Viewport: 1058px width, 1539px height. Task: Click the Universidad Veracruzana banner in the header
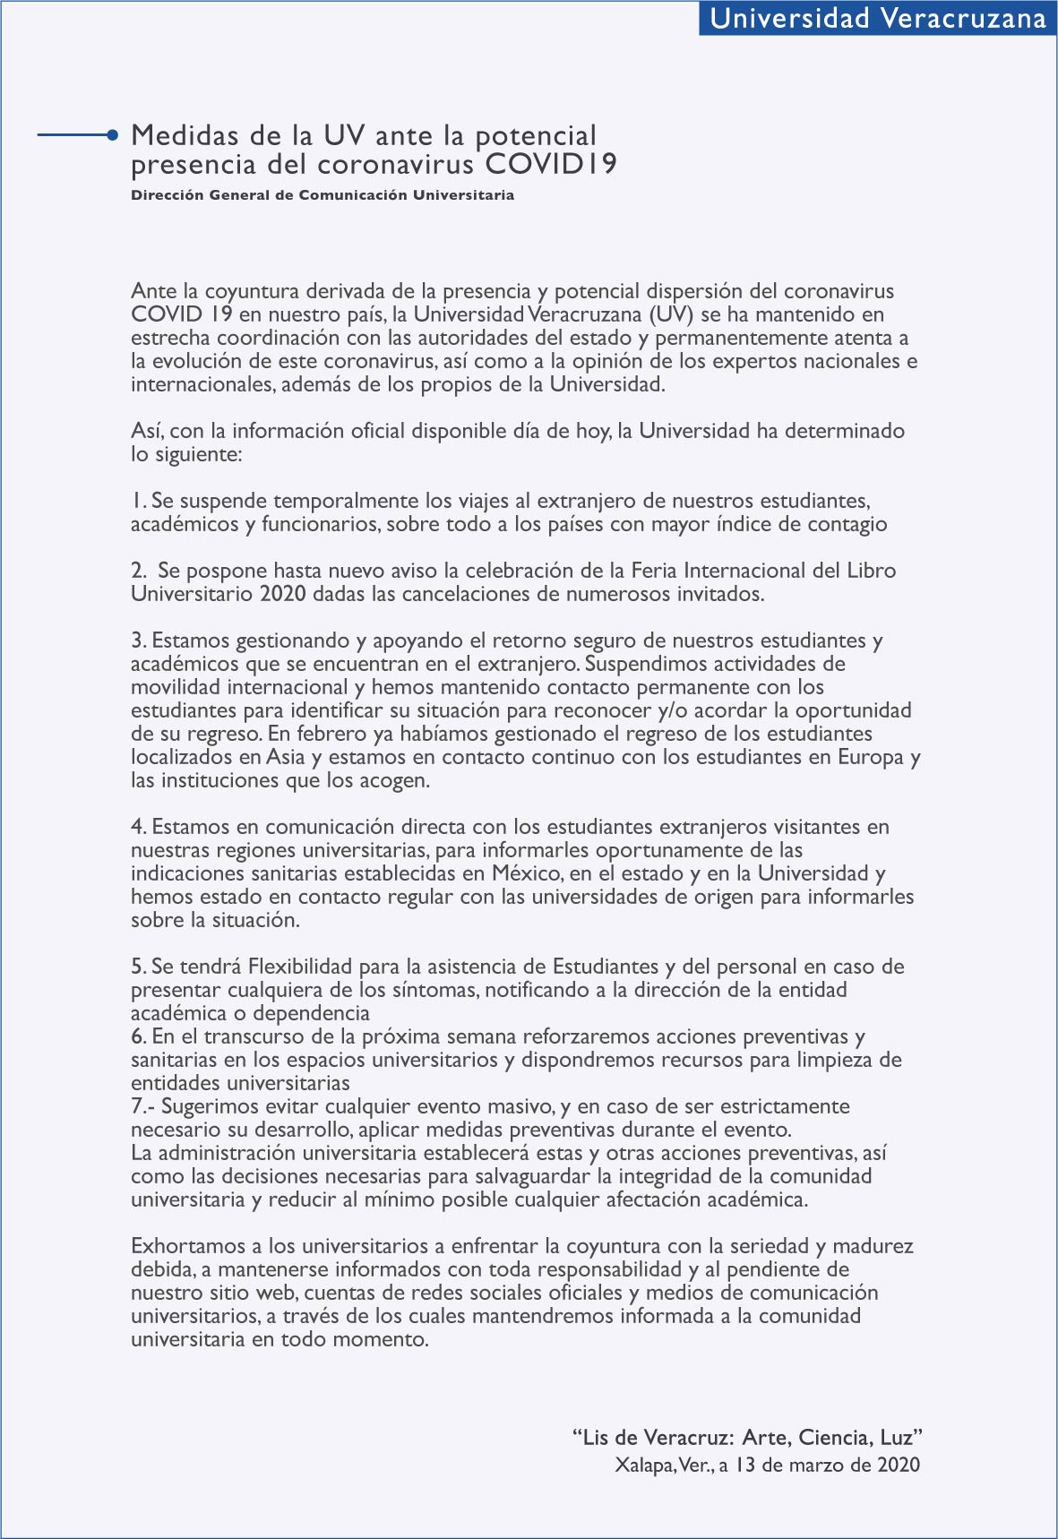point(878,18)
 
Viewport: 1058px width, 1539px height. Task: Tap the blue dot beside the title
point(112,135)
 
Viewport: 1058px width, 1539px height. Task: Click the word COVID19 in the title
point(550,165)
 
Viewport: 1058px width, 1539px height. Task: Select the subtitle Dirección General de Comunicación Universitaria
point(323,195)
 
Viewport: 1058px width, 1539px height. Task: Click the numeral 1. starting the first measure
point(139,501)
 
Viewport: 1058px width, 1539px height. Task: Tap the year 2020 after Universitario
point(283,594)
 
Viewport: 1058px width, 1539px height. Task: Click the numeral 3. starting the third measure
point(139,641)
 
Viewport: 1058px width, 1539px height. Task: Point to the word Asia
point(286,757)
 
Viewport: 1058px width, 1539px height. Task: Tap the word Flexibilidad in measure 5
point(300,967)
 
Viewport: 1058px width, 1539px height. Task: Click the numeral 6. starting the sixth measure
point(139,1036)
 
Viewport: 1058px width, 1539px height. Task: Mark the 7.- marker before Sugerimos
point(142,1106)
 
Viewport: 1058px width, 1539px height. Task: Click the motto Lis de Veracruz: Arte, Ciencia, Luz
point(748,1438)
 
